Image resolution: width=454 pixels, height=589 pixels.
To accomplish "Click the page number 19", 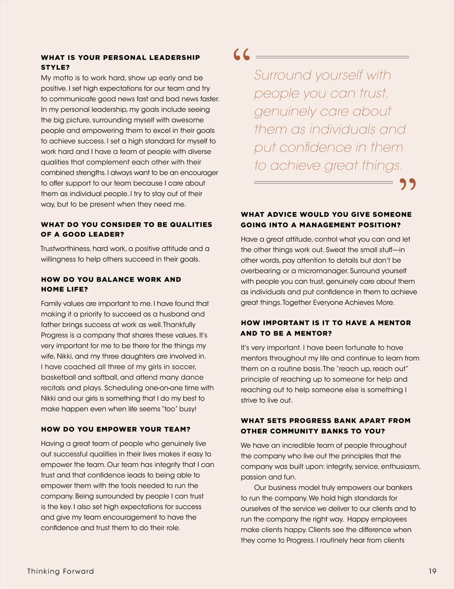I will pos(432,571).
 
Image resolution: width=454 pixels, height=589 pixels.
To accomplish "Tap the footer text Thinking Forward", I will pos(61,571).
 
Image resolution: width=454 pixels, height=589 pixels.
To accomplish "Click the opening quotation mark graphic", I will pos(242,55).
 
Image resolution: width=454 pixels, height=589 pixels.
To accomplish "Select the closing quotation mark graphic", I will pos(407,184).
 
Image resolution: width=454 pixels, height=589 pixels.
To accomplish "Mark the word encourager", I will pos(199,173).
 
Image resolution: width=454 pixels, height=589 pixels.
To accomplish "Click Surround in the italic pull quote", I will pos(282,75).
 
